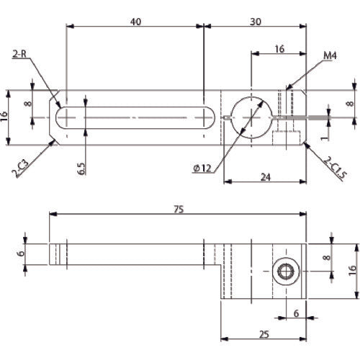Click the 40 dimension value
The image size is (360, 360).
(x=135, y=22)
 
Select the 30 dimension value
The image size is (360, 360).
(x=256, y=22)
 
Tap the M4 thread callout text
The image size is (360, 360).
(x=330, y=55)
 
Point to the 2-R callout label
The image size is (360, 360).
(x=19, y=54)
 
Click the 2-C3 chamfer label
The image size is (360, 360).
(x=21, y=169)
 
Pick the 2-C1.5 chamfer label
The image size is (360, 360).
(x=336, y=168)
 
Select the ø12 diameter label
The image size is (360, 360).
(x=202, y=168)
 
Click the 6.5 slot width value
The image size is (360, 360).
(x=81, y=168)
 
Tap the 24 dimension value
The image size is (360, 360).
(x=266, y=177)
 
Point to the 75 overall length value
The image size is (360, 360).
(x=179, y=210)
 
